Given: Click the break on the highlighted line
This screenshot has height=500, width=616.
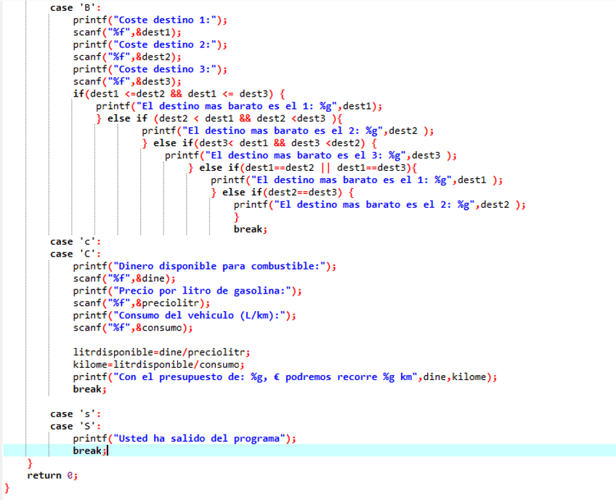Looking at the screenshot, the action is [x=88, y=451].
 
